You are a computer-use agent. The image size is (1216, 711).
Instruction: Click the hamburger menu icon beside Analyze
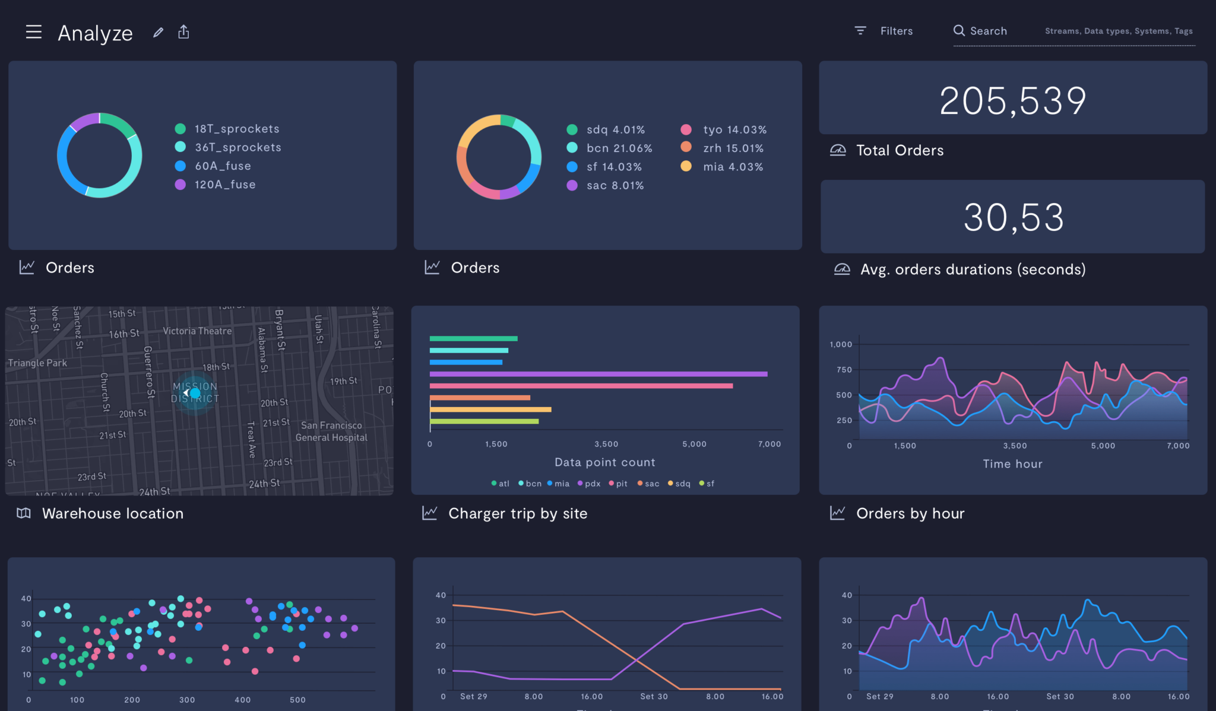pos(34,32)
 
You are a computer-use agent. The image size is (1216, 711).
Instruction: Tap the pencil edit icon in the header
pos(158,33)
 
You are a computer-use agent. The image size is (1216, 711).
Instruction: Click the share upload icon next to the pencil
pos(183,32)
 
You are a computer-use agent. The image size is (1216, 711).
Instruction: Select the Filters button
pos(884,31)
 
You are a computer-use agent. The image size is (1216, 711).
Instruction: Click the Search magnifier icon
pos(959,31)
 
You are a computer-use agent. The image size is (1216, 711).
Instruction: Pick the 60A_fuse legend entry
pos(222,166)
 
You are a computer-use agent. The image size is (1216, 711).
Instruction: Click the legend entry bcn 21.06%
pos(619,148)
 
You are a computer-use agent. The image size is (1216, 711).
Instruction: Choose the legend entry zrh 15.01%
pos(733,148)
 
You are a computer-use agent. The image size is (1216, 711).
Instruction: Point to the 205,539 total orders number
pos(1013,101)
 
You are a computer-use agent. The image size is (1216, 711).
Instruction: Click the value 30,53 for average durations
pos(1013,218)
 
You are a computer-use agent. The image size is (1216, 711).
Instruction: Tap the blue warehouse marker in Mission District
pos(194,393)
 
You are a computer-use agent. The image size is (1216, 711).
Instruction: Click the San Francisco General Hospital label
pos(331,431)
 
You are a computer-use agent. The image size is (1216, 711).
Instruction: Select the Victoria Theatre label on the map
pos(197,331)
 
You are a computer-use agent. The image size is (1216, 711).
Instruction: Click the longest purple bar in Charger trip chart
pos(598,374)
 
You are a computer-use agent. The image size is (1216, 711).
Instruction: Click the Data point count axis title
pos(604,462)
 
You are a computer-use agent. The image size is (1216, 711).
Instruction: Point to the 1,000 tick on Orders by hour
pos(841,344)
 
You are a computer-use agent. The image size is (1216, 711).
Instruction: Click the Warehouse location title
pos(113,513)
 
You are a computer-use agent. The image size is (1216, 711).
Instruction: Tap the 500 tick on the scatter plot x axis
pos(297,700)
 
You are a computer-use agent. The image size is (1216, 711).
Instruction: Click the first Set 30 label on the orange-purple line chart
pos(654,697)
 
